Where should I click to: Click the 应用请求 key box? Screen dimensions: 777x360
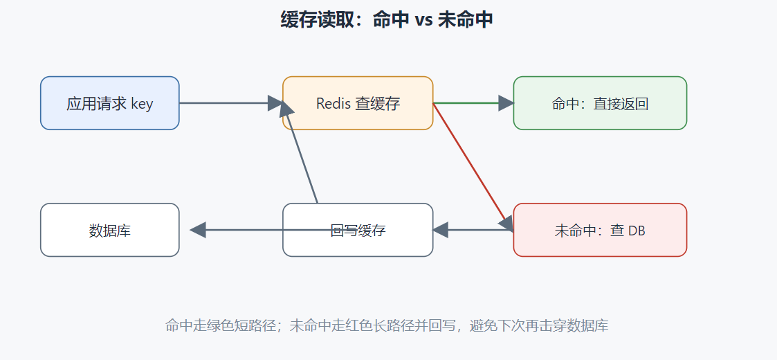109,103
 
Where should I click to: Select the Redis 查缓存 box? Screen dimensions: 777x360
358,103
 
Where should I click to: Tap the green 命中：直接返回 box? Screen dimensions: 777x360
600,103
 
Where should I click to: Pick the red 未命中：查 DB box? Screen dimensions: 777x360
600,230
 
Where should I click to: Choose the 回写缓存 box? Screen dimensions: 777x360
358,230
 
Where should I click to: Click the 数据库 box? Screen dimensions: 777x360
109,230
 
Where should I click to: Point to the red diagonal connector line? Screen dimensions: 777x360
470,163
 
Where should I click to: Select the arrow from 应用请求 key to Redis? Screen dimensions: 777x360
231,103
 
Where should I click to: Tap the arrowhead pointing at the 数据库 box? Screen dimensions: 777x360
198,230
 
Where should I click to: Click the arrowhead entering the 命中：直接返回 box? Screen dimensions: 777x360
506,103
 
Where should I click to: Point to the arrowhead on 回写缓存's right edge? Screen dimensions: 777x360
441,230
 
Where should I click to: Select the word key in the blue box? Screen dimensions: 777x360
143,104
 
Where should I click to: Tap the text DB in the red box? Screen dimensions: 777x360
637,231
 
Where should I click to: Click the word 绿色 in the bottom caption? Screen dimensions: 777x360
211,326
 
